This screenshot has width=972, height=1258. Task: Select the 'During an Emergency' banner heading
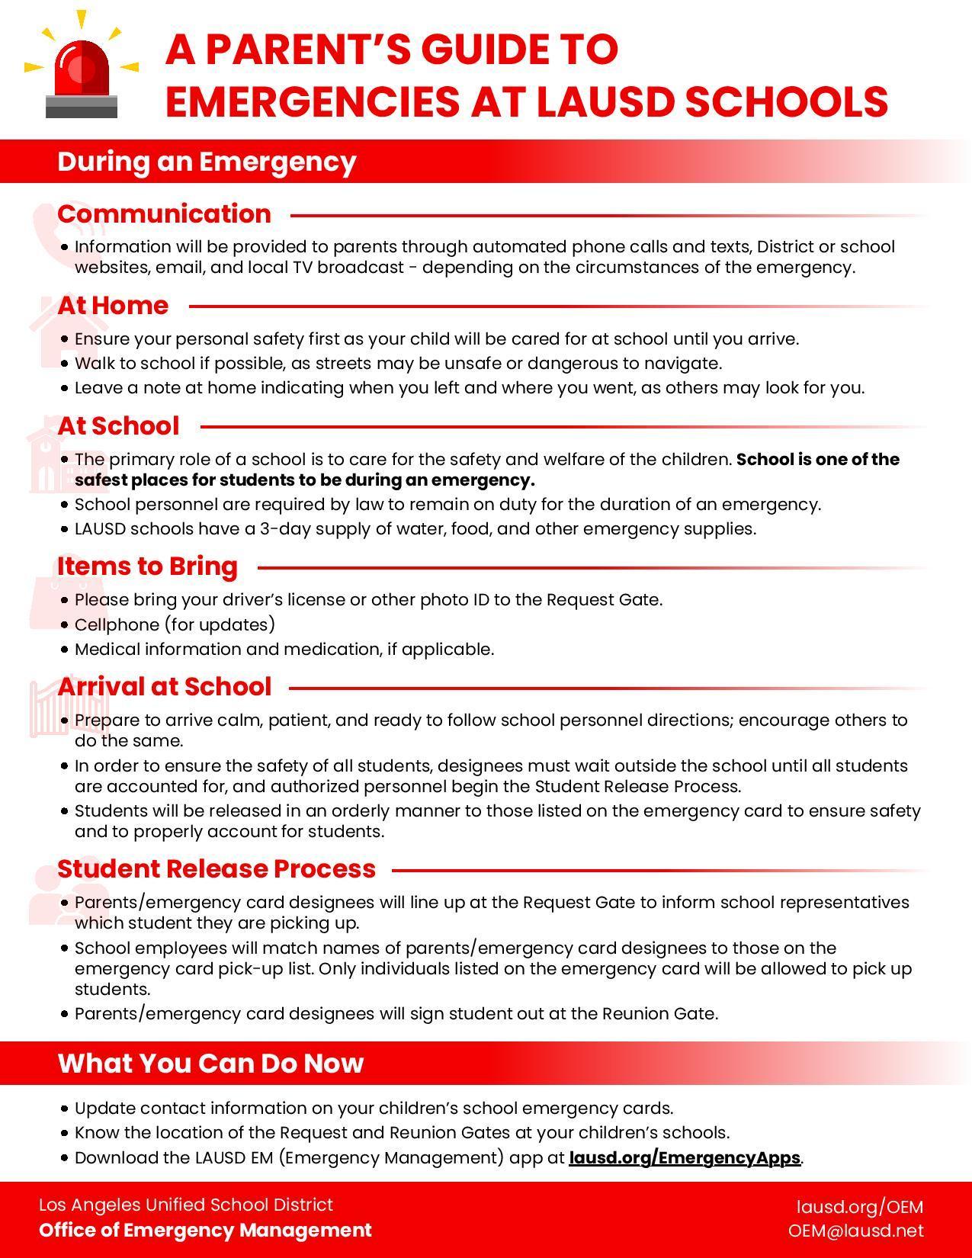(207, 162)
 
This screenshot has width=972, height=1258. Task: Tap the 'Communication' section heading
(164, 213)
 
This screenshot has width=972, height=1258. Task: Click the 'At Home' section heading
(113, 305)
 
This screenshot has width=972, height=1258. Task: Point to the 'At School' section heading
(118, 425)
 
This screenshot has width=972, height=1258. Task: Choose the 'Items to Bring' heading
(147, 566)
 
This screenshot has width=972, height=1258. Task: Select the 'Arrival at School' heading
(164, 686)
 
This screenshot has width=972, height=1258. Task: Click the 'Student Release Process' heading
(217, 868)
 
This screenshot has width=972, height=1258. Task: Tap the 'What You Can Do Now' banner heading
(210, 1063)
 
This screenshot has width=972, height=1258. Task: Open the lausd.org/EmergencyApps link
(684, 1157)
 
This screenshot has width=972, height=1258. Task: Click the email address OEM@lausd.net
(855, 1231)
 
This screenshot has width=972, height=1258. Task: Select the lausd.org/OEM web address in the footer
(859, 1207)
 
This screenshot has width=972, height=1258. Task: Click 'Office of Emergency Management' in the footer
(205, 1230)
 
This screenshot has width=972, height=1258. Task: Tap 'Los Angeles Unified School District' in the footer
(186, 1205)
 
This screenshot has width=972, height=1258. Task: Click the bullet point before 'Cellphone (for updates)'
(64, 625)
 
